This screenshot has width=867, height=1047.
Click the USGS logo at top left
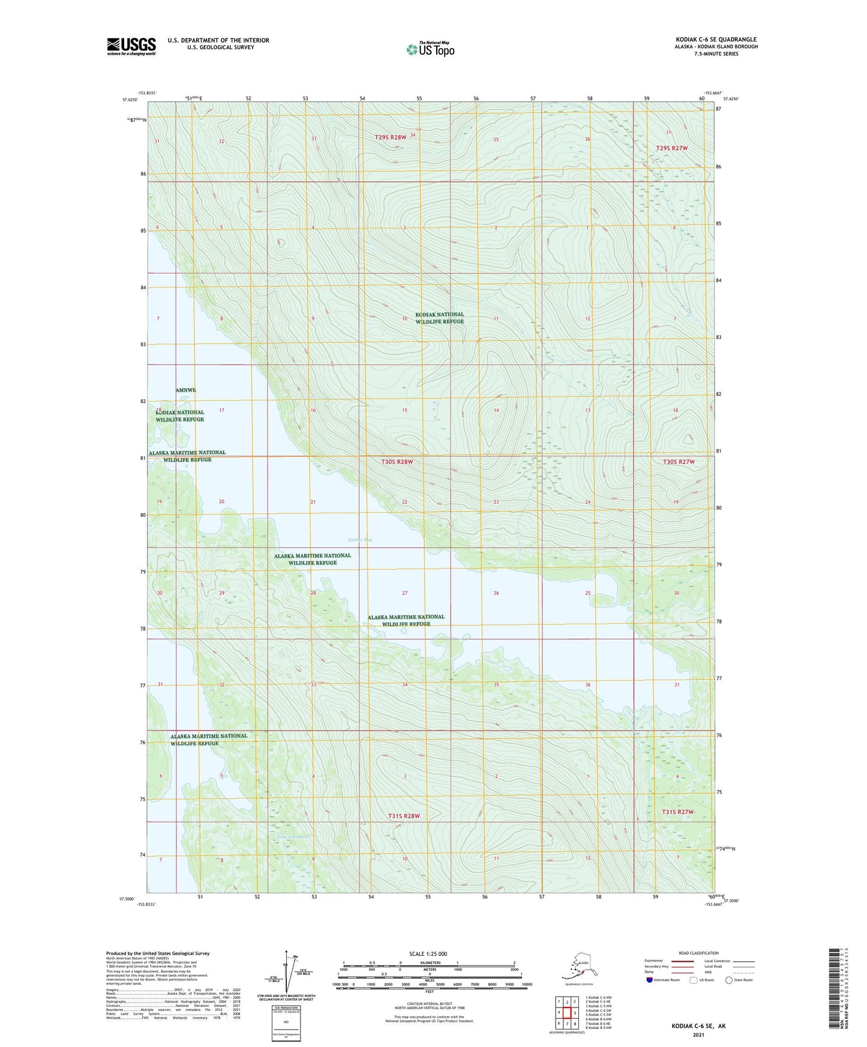pos(131,46)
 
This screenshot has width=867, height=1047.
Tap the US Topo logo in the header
pos(430,49)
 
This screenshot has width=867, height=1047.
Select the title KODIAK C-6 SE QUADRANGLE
pos(716,40)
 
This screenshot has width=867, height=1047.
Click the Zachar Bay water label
pos(360,540)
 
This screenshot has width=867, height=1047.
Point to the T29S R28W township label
pos(391,137)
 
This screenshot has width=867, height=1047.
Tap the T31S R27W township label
pos(677,812)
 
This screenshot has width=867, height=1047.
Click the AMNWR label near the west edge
pos(186,390)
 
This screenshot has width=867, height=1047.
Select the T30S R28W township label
pos(397,462)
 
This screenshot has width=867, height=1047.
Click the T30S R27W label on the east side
pos(679,462)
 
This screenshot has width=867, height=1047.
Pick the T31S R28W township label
pos(404,816)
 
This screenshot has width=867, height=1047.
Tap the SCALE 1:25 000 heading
pos(428,954)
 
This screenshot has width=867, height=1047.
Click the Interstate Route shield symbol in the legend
pos(649,980)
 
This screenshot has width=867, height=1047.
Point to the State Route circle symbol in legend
pos(729,980)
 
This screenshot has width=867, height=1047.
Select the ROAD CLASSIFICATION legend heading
pos(698,953)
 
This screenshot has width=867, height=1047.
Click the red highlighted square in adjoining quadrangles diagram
pos(566,1013)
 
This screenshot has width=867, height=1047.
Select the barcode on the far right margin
pos(833,988)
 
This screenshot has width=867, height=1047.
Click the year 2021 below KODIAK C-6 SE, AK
pos(698,1034)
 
